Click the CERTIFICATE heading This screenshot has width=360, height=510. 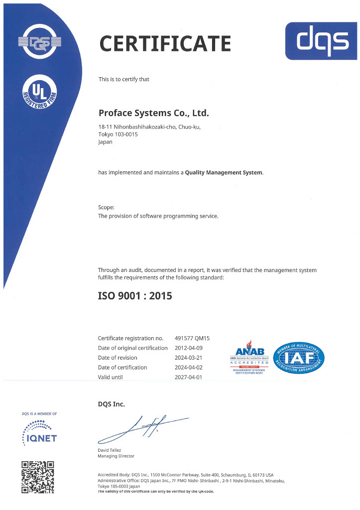click(165, 43)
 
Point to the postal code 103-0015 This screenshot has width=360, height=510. click(126, 134)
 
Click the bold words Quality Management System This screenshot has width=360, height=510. click(224, 172)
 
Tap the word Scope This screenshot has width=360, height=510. click(106, 207)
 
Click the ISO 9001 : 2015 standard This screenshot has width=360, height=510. click(135, 295)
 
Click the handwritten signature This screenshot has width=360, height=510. click(142, 428)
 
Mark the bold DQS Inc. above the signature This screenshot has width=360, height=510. click(111, 404)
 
